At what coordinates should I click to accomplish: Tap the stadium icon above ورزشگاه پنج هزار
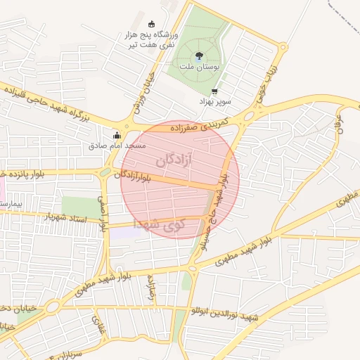(x=152, y=25)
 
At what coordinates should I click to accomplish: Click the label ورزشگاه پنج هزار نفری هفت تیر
(x=152, y=39)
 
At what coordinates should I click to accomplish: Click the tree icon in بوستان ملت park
(x=200, y=56)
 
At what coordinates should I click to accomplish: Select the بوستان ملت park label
(x=200, y=66)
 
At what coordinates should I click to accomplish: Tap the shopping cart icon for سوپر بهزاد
(x=214, y=91)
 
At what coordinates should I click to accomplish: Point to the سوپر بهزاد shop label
(x=214, y=102)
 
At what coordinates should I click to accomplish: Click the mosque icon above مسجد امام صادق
(x=117, y=136)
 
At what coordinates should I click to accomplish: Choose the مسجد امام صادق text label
(x=117, y=146)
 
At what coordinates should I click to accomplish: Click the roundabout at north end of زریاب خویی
(x=282, y=50)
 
